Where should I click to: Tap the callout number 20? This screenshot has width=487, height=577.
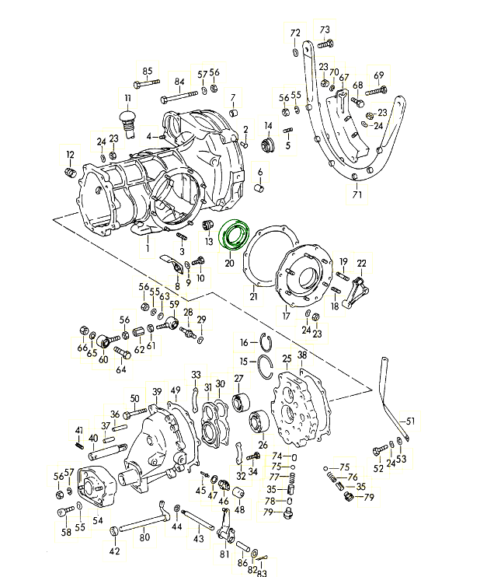[x=229, y=264]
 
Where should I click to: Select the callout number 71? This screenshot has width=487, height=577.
[x=357, y=194]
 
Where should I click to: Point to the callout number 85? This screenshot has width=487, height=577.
[x=148, y=72]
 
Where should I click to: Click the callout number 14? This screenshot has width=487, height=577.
[x=269, y=126]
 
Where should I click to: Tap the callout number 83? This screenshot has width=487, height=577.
[x=262, y=574]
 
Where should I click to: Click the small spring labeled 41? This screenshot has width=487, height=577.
[x=79, y=445]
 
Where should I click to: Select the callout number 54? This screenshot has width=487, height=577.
[x=98, y=519]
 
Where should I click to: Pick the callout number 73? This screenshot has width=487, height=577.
[x=325, y=30]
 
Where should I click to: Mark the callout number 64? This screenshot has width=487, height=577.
[x=121, y=369]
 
